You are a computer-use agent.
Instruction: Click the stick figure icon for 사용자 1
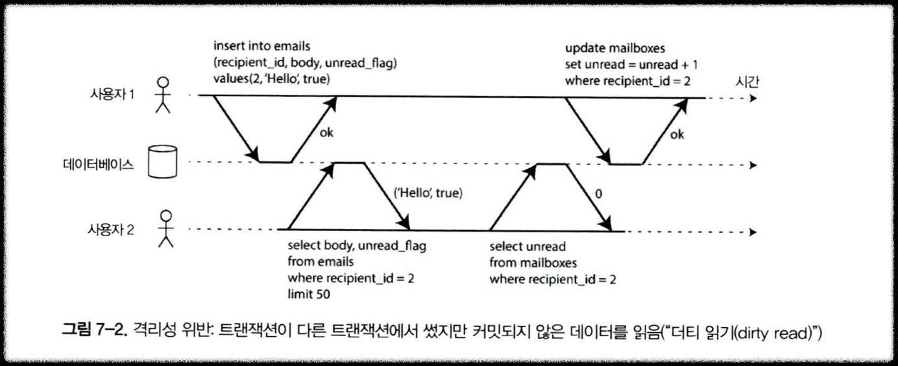tap(164, 95)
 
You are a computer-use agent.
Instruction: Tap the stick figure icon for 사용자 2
tap(167, 228)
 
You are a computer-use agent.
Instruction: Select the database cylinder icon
tap(162, 162)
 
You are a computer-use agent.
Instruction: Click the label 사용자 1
tap(112, 94)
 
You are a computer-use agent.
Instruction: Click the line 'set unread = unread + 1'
tap(631, 65)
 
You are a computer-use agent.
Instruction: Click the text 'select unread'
tap(528, 247)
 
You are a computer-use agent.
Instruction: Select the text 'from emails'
tap(321, 263)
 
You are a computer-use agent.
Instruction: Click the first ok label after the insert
tap(328, 133)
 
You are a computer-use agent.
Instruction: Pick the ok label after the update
tap(677, 136)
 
